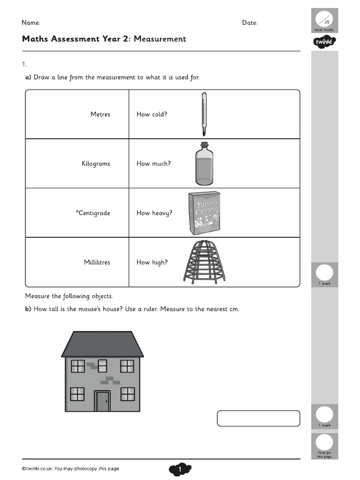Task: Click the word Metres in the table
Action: tap(100, 114)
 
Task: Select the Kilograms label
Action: tap(96, 164)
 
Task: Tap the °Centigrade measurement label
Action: tap(93, 213)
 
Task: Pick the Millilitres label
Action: tap(97, 262)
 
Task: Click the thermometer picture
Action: tap(203, 114)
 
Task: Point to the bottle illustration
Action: tap(204, 164)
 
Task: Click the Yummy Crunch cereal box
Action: tap(204, 213)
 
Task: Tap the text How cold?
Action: tap(151, 114)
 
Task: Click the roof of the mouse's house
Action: tap(102, 344)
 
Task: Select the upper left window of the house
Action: tap(77, 366)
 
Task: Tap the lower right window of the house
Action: tap(127, 394)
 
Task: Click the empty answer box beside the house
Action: tap(258, 418)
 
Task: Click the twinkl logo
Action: tap(324, 43)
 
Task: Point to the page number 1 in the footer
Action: tap(180, 469)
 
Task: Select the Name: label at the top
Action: tap(31, 23)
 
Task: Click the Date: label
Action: tap(249, 23)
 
